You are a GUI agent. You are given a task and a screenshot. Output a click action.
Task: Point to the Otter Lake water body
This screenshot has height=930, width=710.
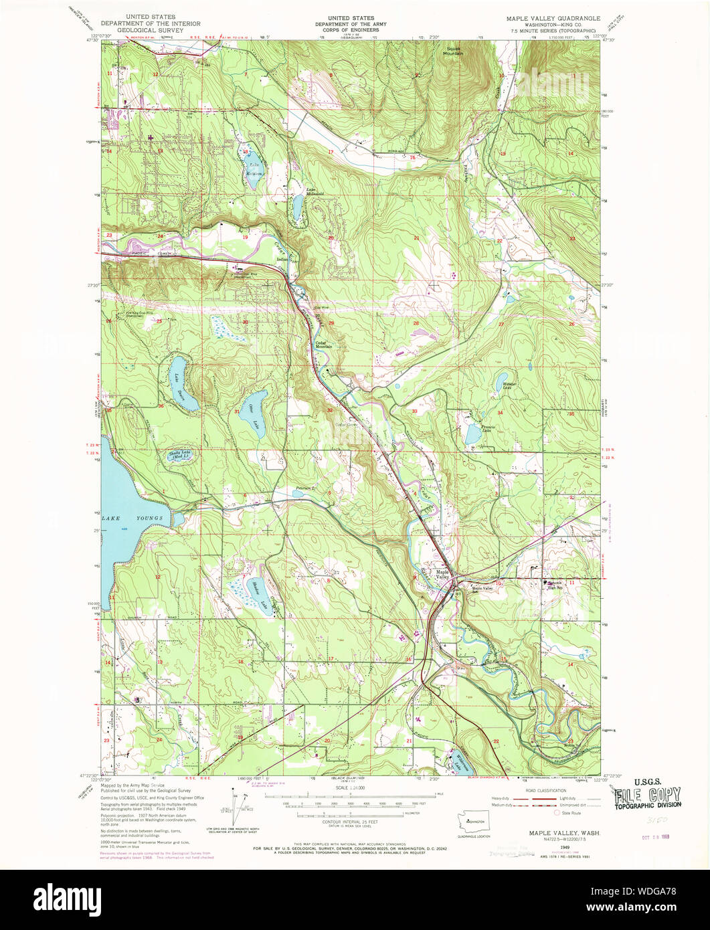tap(255, 415)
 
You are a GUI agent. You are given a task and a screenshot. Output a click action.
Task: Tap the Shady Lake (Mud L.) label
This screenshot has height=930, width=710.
tap(182, 456)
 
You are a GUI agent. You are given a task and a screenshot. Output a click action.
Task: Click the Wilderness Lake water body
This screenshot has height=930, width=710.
tap(458, 763)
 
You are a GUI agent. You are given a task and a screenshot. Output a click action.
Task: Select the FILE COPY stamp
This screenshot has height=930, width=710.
tap(647, 796)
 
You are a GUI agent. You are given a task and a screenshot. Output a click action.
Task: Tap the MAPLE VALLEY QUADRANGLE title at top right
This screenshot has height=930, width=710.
tap(553, 18)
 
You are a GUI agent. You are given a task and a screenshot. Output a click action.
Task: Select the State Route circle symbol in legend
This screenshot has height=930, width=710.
tap(557, 813)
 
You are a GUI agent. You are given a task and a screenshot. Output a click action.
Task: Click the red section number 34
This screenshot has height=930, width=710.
tap(499, 413)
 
